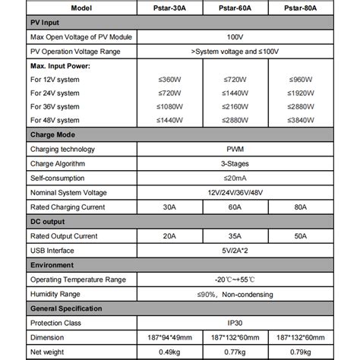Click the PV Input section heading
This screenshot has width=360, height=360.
(47, 24)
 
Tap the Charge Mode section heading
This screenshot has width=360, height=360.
(53, 134)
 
